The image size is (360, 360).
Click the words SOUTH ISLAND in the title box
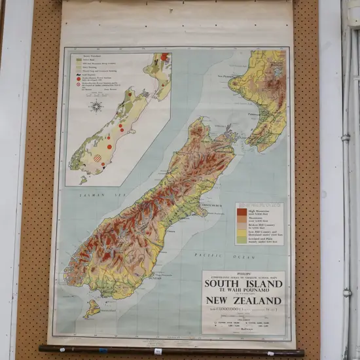[243, 284]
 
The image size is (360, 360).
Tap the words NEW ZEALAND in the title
[243, 301]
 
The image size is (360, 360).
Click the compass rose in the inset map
[97, 106]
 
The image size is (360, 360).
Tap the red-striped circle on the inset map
[98, 158]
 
